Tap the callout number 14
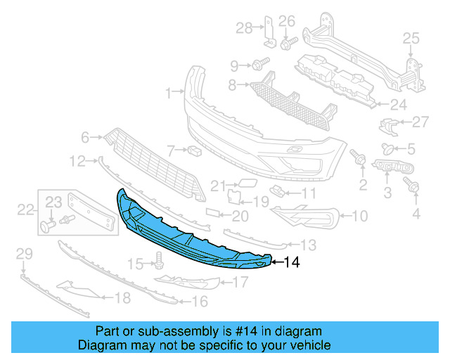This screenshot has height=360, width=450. [x=291, y=263]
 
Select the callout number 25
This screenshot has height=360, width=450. [x=410, y=38]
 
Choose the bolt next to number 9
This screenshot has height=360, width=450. [x=260, y=66]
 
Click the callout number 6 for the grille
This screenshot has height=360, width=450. [x=86, y=137]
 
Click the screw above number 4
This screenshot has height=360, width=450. [x=414, y=187]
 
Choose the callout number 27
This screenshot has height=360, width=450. [x=420, y=122]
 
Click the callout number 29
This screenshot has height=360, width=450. [x=24, y=253]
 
